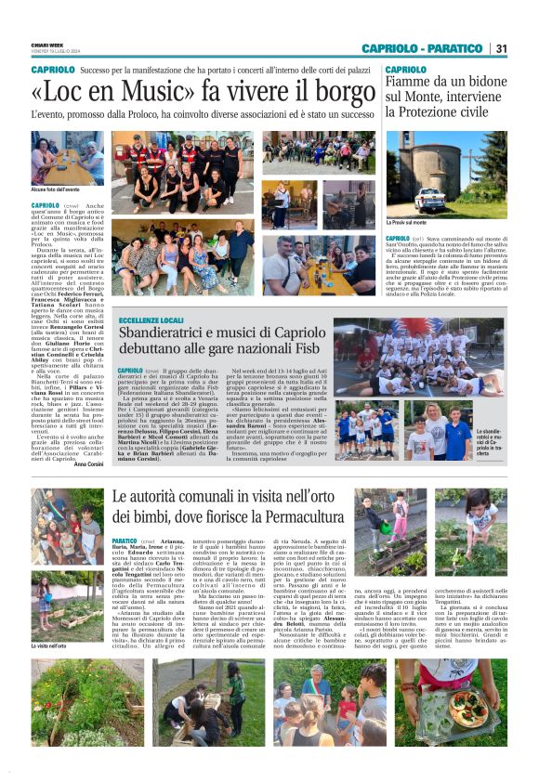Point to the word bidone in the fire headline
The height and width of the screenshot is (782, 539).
483,83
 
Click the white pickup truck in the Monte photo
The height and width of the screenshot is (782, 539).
434,198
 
